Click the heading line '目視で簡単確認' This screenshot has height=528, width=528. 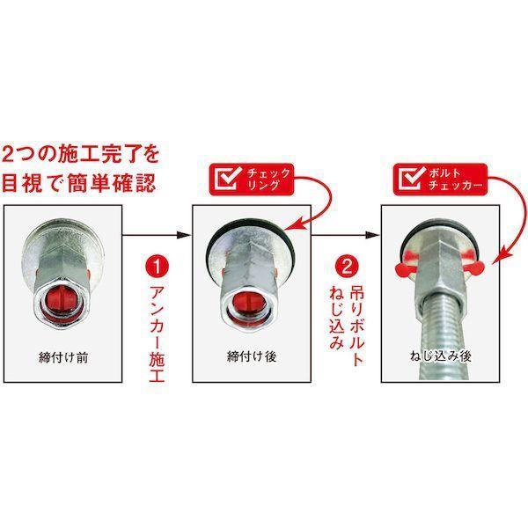(79, 184)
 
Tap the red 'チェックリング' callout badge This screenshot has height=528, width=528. (252, 180)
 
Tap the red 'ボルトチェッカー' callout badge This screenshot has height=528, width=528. (440, 180)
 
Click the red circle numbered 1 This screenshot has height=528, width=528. (157, 266)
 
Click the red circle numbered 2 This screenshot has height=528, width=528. (347, 266)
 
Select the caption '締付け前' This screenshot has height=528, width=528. (63, 357)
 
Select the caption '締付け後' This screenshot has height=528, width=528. (252, 356)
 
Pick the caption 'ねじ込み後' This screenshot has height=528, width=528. (441, 356)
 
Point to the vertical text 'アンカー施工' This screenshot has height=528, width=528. (157, 334)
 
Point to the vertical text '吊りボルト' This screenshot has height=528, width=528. (356, 326)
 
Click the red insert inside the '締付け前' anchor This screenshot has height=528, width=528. (63, 298)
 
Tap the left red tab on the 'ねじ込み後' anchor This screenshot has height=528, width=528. (404, 269)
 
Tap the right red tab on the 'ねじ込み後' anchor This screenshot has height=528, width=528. (475, 268)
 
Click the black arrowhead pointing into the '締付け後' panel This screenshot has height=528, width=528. (184, 234)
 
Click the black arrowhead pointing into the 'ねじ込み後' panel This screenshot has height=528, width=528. (373, 234)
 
